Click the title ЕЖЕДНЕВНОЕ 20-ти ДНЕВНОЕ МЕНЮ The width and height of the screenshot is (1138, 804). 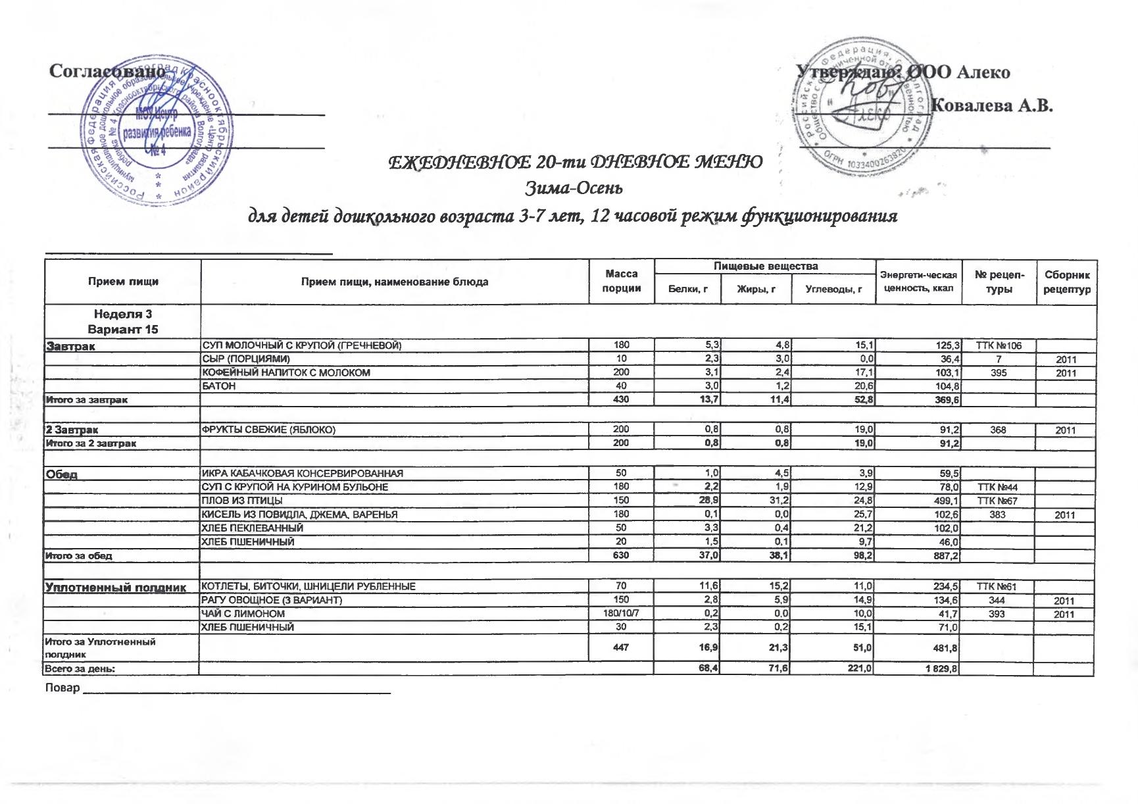click(x=576, y=161)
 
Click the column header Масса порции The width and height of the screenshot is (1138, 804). click(x=622, y=281)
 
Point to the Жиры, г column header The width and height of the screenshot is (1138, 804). click(x=755, y=289)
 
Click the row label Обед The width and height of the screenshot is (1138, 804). click(x=61, y=474)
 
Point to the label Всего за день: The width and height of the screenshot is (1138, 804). click(x=79, y=669)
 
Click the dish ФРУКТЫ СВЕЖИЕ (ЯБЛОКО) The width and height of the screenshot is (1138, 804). click(x=268, y=430)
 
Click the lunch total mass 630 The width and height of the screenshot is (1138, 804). click(x=622, y=556)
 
